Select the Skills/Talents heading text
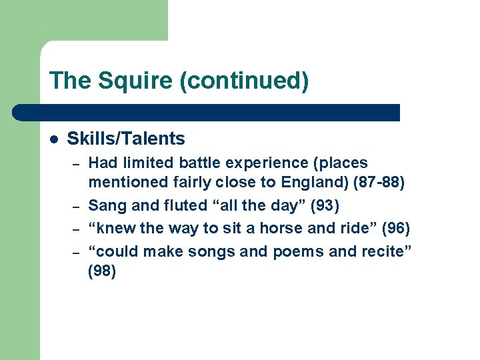(x=126, y=139)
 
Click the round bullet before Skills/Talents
(x=54, y=139)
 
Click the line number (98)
(x=102, y=272)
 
